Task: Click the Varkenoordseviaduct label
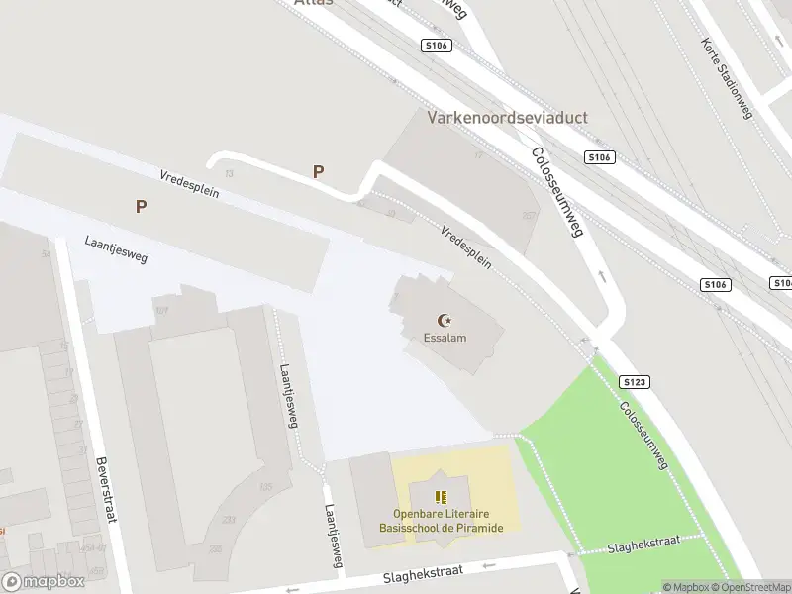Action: (507, 118)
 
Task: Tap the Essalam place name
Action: (445, 338)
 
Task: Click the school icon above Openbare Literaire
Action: (442, 497)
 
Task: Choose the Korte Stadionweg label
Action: (728, 78)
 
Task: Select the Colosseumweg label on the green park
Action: (644, 436)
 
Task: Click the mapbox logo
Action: (43, 582)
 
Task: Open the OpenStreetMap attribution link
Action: (754, 587)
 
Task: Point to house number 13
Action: (230, 173)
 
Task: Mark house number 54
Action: (46, 254)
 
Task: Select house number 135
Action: (265, 487)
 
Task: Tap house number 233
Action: (230, 520)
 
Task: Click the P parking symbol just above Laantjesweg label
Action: (142, 207)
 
